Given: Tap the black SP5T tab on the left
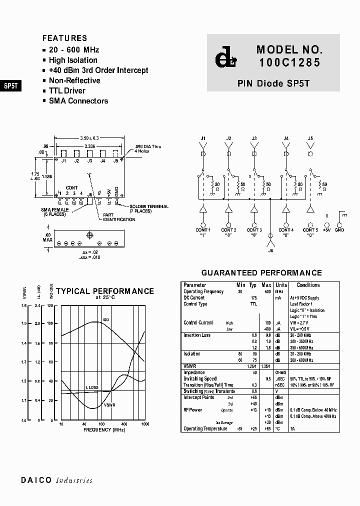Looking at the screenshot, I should (x=10, y=85).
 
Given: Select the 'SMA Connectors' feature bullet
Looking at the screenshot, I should (x=78, y=100).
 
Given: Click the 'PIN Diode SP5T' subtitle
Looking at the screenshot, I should (x=273, y=84).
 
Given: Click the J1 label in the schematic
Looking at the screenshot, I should (x=203, y=138).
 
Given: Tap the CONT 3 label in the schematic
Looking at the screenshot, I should (x=254, y=230).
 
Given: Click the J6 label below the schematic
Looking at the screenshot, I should (x=270, y=250).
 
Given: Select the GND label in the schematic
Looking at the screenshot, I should (x=339, y=230).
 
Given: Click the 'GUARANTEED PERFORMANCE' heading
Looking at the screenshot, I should (x=261, y=273).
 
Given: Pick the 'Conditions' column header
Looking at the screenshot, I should (x=308, y=285).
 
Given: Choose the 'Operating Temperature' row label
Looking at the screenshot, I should (x=205, y=428).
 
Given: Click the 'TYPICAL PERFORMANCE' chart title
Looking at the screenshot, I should (x=105, y=291).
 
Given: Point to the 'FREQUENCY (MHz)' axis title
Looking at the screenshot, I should (x=104, y=429).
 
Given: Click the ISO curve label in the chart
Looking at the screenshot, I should (x=105, y=319).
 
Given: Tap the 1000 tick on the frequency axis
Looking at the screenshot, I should (x=145, y=424).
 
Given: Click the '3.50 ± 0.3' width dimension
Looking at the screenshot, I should (x=89, y=137).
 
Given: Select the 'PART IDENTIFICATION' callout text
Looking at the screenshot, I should (x=115, y=217).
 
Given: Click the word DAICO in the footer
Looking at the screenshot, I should (x=36, y=480).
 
